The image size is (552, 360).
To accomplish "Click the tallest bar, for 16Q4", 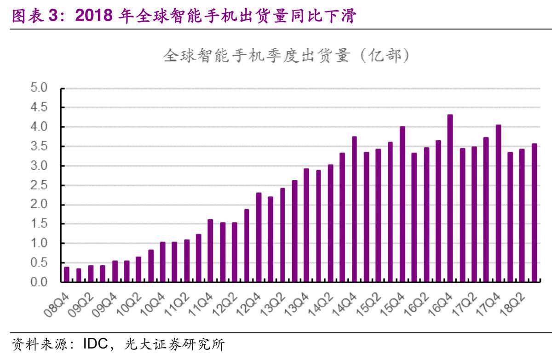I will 450,198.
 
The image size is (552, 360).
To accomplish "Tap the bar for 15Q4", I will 402,204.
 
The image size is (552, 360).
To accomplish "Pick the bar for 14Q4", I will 354,209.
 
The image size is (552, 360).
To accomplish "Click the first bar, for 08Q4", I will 67,274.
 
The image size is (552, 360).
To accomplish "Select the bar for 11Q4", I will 210,251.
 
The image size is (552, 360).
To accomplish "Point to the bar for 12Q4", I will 259,237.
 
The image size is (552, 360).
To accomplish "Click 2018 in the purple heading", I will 93,16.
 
